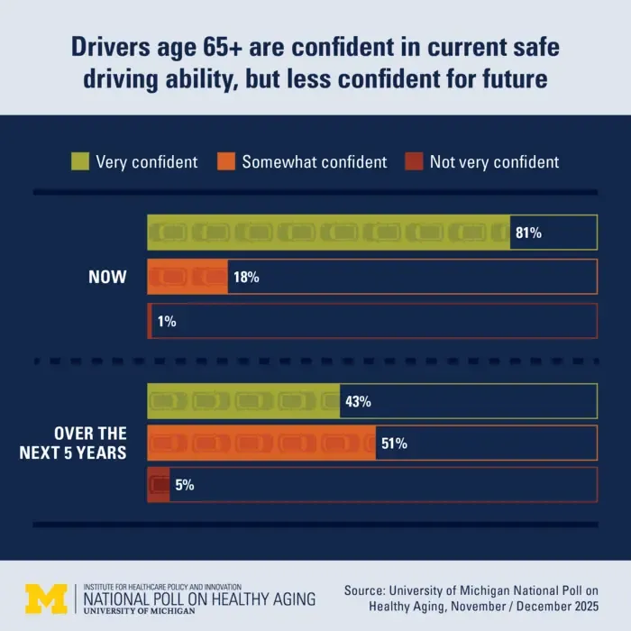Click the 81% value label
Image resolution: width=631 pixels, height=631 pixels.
[x=528, y=233]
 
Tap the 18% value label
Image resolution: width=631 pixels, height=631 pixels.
[x=246, y=277]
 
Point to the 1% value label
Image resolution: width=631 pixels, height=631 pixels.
[x=167, y=321]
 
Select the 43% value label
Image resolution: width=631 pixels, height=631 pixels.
[x=358, y=401]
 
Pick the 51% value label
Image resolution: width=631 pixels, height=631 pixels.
[x=395, y=444]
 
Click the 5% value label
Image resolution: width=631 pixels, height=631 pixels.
[x=185, y=485]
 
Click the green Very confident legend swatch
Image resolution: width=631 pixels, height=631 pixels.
[x=80, y=161]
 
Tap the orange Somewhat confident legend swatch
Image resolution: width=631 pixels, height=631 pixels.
[x=226, y=161]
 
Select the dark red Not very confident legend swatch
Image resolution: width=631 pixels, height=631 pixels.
[x=414, y=161]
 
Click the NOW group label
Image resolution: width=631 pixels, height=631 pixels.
[x=107, y=277]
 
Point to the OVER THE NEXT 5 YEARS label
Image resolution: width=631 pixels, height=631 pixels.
[x=73, y=444]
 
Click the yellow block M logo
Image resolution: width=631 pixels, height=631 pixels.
[x=46, y=599]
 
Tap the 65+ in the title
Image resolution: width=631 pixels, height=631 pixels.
[x=223, y=47]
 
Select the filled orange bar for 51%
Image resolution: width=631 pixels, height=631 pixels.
[x=261, y=444]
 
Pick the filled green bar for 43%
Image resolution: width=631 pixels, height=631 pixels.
[x=243, y=401]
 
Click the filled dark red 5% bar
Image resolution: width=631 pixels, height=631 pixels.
[x=159, y=485]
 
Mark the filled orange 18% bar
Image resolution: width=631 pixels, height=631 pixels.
[x=187, y=277]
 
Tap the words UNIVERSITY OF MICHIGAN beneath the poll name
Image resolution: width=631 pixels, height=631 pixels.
[x=139, y=611]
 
